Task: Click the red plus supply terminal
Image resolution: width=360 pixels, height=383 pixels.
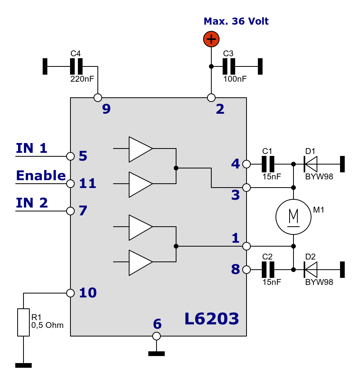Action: [211, 39]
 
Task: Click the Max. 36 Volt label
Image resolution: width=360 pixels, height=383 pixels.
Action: [236, 21]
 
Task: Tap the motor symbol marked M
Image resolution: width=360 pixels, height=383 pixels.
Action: [293, 217]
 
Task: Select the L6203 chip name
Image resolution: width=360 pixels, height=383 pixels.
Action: [211, 319]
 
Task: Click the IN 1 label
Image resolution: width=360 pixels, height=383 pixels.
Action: [32, 149]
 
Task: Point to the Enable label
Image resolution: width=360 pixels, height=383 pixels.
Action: [41, 176]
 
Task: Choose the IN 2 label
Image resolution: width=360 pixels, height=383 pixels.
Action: [32, 203]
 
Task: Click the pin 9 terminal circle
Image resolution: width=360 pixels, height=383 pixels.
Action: [98, 98]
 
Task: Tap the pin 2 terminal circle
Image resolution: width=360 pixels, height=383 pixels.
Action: [211, 98]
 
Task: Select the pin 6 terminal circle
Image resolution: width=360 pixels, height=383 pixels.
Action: [157, 336]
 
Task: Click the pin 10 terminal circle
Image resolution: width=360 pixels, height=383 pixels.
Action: [70, 293]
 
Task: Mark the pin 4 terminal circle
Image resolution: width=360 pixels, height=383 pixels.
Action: [247, 164]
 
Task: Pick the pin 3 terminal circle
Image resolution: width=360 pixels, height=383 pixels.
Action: [247, 188]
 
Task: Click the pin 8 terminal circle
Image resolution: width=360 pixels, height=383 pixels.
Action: [247, 270]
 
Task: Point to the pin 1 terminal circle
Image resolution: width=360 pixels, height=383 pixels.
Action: [247, 246]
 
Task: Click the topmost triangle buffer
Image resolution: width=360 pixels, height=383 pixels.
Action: [139, 149]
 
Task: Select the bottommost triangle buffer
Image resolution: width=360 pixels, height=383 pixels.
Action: [139, 263]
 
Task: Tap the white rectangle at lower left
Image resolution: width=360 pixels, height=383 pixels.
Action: [23, 322]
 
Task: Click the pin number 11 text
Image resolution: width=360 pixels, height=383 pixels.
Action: [88, 184]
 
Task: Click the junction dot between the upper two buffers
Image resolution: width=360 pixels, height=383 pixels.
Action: [176, 168]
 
